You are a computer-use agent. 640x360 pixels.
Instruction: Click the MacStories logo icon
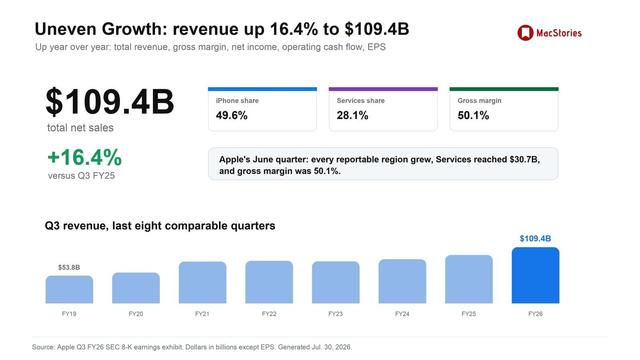525,33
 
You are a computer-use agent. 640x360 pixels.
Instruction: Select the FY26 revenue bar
536,275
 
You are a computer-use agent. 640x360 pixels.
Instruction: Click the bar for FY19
69,289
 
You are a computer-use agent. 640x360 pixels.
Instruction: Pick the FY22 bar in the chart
269,282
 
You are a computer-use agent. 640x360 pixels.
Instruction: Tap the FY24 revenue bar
402,281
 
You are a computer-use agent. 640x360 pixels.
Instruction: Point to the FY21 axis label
202,314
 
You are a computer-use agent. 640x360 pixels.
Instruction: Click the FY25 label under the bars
469,314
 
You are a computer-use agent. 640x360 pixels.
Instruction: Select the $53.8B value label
69,267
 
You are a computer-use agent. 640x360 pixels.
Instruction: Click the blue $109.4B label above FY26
536,238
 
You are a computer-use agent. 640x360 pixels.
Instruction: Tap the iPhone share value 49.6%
232,116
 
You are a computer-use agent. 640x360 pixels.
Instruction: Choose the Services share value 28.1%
353,116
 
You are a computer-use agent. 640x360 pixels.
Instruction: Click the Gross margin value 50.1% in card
473,116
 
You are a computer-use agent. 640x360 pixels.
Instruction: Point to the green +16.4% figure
85,158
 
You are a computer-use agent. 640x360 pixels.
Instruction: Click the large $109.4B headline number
110,102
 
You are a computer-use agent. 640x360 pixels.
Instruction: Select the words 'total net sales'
80,128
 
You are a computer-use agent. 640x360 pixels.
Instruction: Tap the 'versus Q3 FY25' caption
81,176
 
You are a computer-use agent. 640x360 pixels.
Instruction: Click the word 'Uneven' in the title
66,29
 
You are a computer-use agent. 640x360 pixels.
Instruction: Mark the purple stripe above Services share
383,89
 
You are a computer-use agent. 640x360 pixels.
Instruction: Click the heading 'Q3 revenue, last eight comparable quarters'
160,226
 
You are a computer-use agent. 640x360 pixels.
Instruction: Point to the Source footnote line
192,347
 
